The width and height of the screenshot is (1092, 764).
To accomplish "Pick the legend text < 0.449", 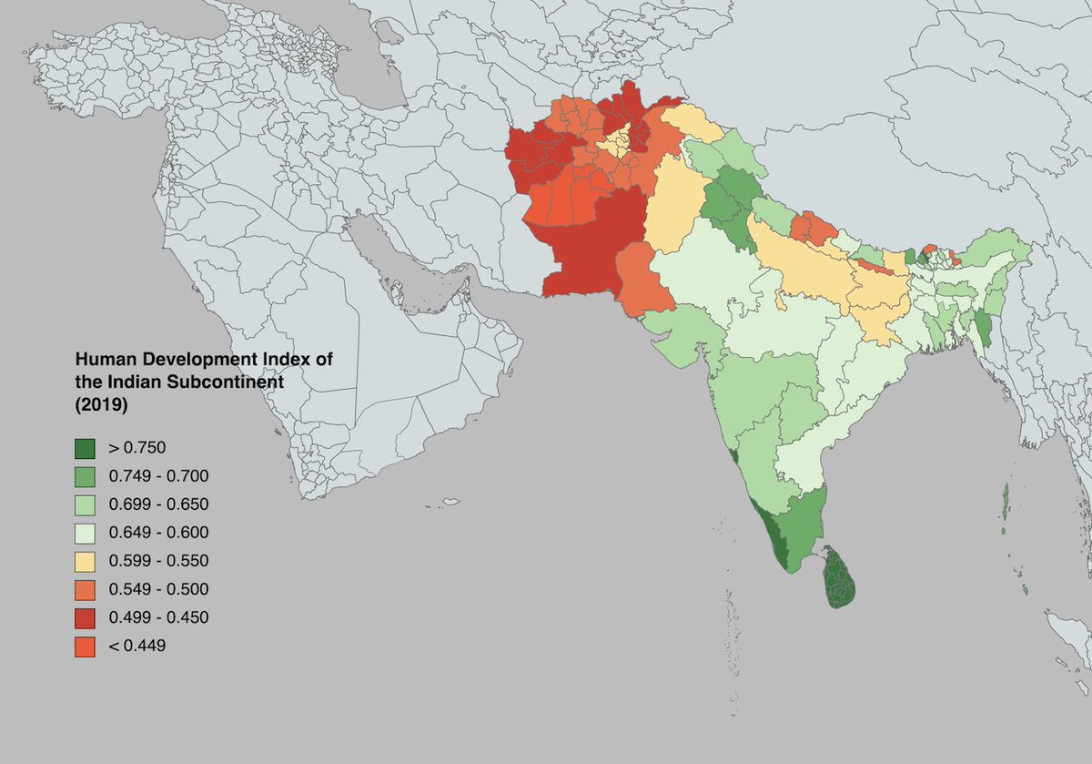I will [136, 646].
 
